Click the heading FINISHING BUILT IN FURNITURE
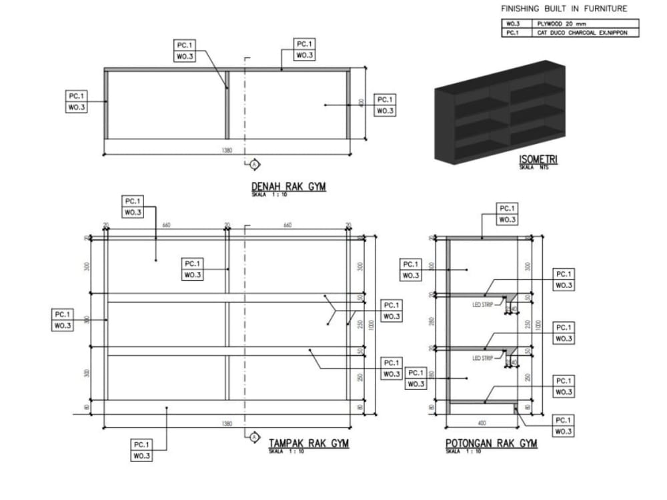[x=564, y=9]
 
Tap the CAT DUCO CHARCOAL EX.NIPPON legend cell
[x=582, y=32]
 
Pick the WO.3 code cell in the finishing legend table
[x=513, y=23]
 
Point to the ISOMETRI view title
[x=538, y=160]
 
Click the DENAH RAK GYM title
[x=288, y=187]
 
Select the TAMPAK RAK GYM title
[x=309, y=443]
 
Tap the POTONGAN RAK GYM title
[x=491, y=443]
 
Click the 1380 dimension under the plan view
[x=227, y=151]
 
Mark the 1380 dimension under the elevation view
[x=227, y=423]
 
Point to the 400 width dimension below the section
[x=482, y=423]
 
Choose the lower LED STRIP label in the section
[x=482, y=358]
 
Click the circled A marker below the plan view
[x=253, y=164]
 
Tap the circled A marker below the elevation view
[x=253, y=437]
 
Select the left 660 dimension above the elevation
[x=166, y=225]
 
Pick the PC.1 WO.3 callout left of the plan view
[x=76, y=101]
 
